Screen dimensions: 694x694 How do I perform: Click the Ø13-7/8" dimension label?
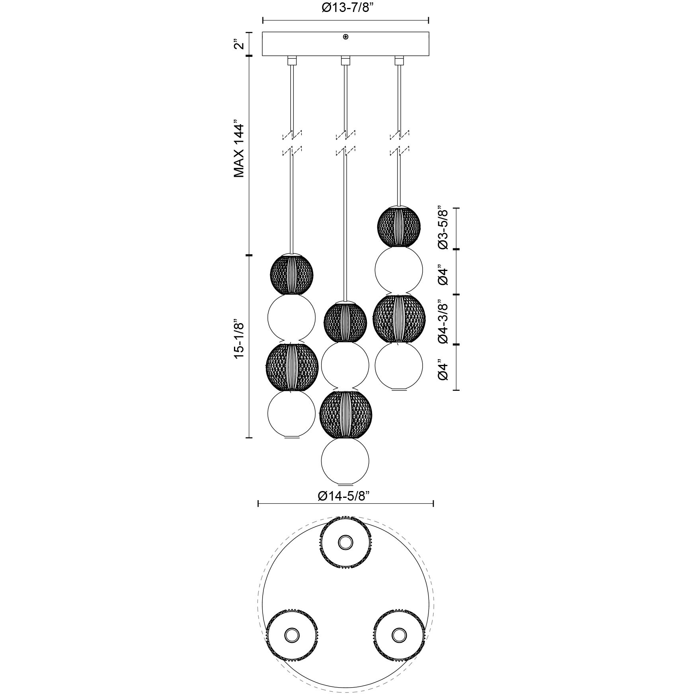(x=345, y=8)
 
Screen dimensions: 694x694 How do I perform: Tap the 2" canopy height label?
(x=238, y=44)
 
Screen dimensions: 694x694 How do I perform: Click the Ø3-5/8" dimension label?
(x=443, y=228)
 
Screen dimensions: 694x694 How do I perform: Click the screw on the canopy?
(x=345, y=37)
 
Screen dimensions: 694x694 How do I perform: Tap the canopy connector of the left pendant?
(x=292, y=60)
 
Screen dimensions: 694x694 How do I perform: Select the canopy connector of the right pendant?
(x=399, y=60)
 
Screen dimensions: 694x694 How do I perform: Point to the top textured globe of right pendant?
(x=399, y=227)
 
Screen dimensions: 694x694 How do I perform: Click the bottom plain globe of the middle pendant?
(x=345, y=461)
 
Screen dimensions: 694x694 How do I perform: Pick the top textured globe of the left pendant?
(x=292, y=274)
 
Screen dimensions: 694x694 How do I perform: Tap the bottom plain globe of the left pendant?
(x=292, y=414)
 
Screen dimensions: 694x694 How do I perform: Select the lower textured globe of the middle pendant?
(x=345, y=415)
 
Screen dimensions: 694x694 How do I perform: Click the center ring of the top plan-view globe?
(x=345, y=542)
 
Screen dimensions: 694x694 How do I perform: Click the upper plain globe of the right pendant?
(x=399, y=270)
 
